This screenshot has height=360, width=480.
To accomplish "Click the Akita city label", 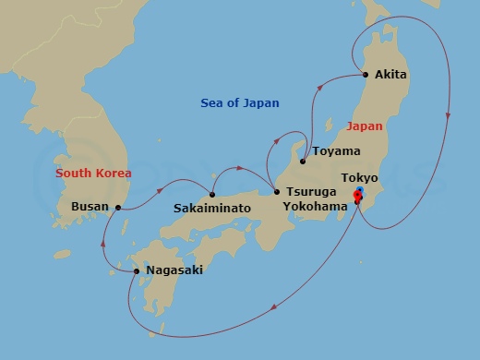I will pyautogui.click(x=391, y=75).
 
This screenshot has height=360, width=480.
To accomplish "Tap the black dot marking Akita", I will pyautogui.click(x=366, y=75).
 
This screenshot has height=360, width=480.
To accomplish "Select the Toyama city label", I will pyautogui.click(x=336, y=151).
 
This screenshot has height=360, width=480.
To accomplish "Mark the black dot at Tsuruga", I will pyautogui.click(x=276, y=192).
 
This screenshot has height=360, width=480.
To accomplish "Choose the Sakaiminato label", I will pyautogui.click(x=212, y=209).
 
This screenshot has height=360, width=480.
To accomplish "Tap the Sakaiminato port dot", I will pyautogui.click(x=213, y=194).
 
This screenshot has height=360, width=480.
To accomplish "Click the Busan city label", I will pyautogui.click(x=90, y=208).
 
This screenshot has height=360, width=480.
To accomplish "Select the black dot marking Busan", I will pyautogui.click(x=118, y=208).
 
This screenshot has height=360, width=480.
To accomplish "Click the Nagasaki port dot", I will pyautogui.click(x=137, y=270).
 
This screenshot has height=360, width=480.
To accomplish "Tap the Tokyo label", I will pyautogui.click(x=359, y=177).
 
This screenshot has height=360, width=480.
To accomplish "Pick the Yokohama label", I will pyautogui.click(x=318, y=208).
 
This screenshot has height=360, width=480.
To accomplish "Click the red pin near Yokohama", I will pyautogui.click(x=358, y=195).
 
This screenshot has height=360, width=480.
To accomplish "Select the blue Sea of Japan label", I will pyautogui.click(x=240, y=103).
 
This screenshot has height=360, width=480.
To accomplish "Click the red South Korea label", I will pyautogui.click(x=93, y=173).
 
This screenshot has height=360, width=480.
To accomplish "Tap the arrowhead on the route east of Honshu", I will pyautogui.click(x=448, y=115).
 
